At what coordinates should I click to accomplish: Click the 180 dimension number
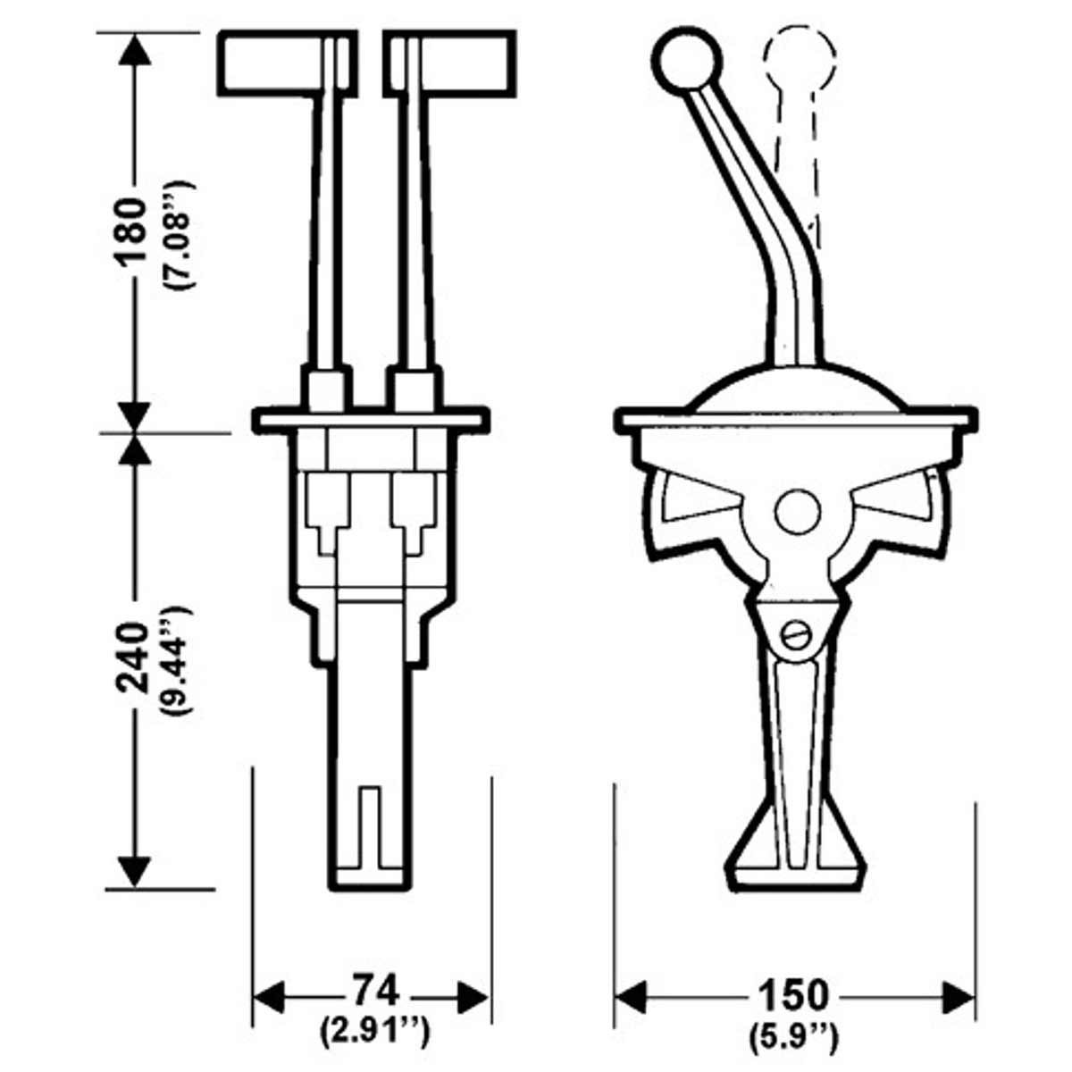(131, 230)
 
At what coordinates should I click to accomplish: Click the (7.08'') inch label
(175, 234)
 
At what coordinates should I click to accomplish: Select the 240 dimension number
(131, 660)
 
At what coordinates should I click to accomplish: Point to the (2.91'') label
(374, 1033)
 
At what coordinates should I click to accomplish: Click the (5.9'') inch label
(792, 1036)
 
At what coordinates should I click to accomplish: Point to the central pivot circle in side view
(798, 511)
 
